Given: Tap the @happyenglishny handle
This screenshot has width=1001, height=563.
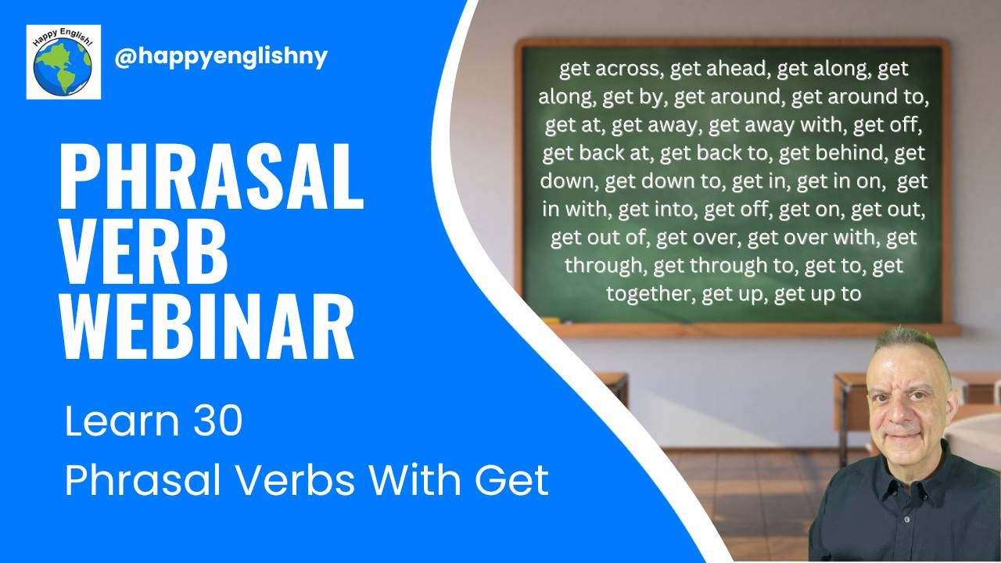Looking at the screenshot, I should click(221, 57).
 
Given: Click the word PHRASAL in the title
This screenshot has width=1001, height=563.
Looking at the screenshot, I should click(211, 179).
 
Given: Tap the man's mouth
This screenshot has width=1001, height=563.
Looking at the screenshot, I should click(907, 432).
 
